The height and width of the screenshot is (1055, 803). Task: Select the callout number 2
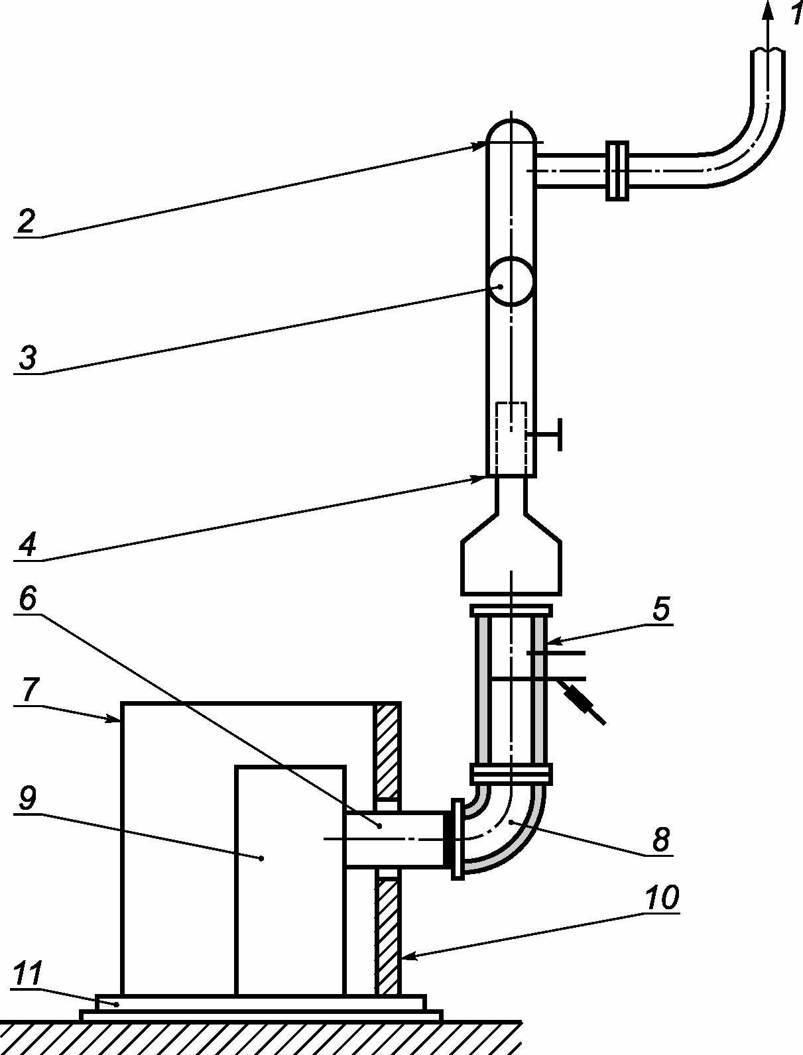pos(27,221)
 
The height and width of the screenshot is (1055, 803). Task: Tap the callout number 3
pos(28,357)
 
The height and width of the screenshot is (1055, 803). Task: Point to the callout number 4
pos(28,545)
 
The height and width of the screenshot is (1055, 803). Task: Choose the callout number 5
pos(660,609)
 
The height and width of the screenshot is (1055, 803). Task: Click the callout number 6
pos(28,599)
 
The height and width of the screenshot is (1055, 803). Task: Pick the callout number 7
pos(29,690)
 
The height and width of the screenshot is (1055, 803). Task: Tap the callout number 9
pos(28,799)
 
